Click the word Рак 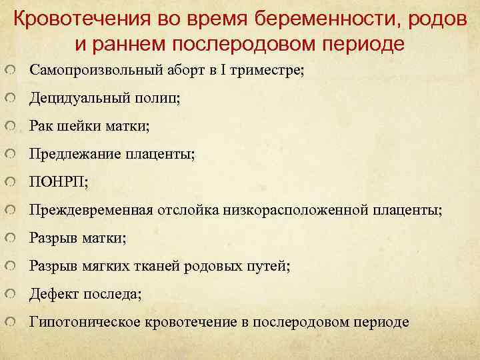(x=39, y=126)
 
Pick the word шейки (x=73, y=126)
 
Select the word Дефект (x=51, y=294)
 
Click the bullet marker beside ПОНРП (x=9, y=182)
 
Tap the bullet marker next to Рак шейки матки (x=9, y=126)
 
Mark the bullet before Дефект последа (x=9, y=294)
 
